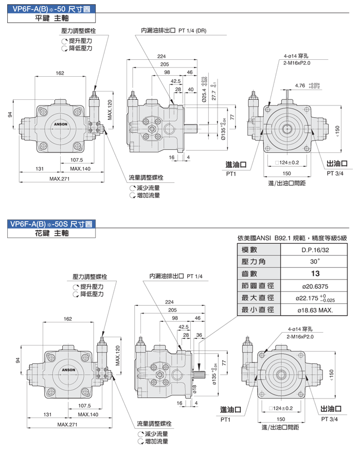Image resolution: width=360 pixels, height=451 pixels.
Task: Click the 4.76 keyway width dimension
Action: click(x=300, y=85)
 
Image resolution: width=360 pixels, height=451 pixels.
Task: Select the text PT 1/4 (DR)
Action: click(x=192, y=30)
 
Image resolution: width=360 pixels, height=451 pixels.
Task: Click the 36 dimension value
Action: click(x=199, y=335)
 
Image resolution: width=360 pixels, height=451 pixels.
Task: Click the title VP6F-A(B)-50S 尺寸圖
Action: click(x=49, y=223)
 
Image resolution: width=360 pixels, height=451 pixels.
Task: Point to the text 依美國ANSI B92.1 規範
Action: click(x=268, y=237)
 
